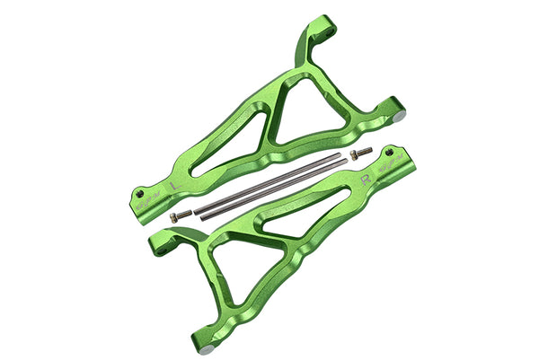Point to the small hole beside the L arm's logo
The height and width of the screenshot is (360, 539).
(140, 190)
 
